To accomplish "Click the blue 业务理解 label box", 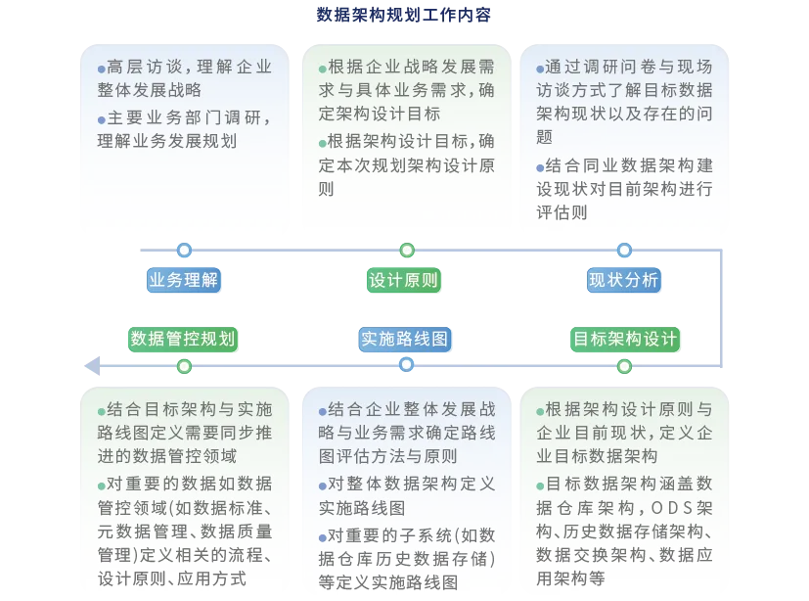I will click(183, 281).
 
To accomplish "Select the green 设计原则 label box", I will click(404, 281).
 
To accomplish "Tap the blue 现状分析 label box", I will click(624, 281).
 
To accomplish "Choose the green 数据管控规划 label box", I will click(183, 339).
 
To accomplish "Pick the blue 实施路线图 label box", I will click(404, 339).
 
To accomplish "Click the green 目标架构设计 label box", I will click(625, 339).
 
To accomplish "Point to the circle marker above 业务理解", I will click(183, 251).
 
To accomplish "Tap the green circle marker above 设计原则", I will click(407, 251).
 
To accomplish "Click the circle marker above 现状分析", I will click(624, 251).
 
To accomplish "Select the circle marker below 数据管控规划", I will click(183, 366).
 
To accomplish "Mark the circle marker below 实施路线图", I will click(407, 365).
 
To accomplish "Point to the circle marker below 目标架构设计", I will click(624, 366).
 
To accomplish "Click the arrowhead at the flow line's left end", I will click(91, 365).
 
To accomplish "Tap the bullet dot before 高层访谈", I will click(102, 69).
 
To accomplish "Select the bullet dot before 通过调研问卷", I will click(540, 69).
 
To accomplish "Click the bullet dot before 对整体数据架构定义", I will click(323, 485).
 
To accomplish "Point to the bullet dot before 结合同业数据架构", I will click(540, 166).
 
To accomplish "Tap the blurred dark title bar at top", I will click(403, 15).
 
